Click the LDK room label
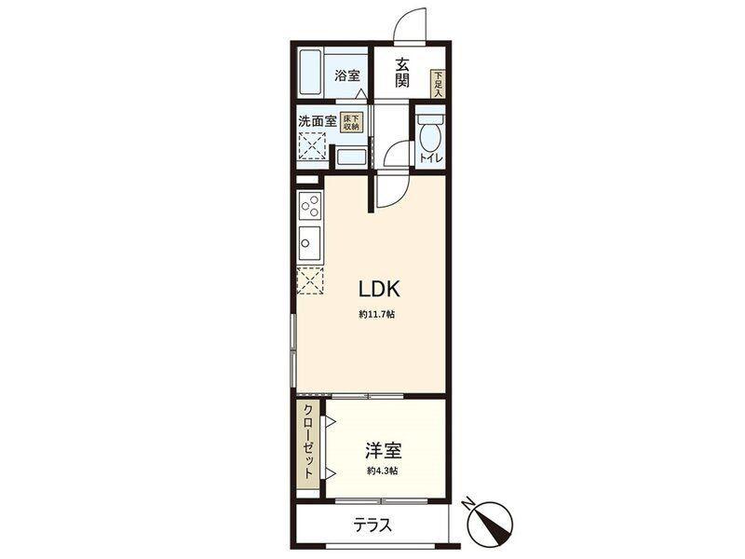(x=379, y=289)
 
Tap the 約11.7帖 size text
(x=376, y=314)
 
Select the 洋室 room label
(x=383, y=450)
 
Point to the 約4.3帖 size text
(x=383, y=471)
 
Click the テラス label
(x=372, y=525)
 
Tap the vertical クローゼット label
(x=308, y=442)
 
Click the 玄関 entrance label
(x=402, y=73)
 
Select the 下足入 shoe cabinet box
(x=438, y=84)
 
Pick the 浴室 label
(x=346, y=75)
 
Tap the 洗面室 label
(x=317, y=121)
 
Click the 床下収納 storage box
(x=351, y=123)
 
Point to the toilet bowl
(x=430, y=133)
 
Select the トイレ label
(x=431, y=158)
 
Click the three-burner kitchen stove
(x=310, y=205)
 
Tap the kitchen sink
(x=309, y=242)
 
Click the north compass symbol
(x=491, y=523)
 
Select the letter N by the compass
(x=470, y=502)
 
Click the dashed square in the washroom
(x=311, y=146)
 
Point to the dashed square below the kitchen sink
(x=310, y=280)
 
